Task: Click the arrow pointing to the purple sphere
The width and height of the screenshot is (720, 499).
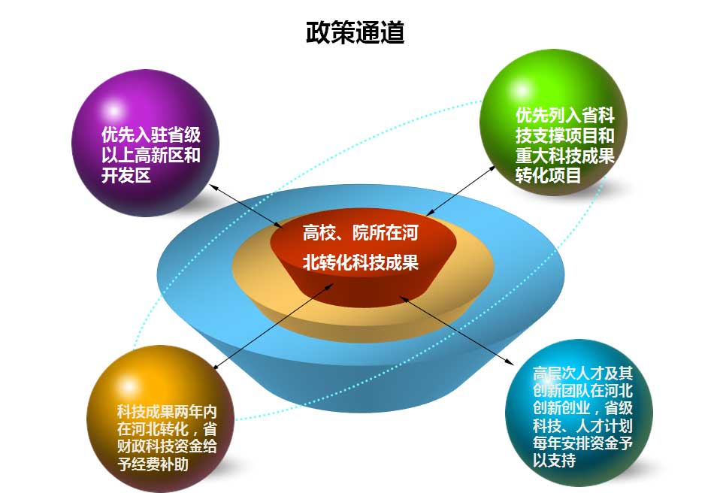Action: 244,205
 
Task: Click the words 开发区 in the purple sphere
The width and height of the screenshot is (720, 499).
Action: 126,176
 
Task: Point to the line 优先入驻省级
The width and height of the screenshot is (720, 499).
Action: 151,136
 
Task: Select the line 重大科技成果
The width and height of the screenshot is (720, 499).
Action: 565,156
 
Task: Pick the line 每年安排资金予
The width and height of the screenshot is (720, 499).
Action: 582,443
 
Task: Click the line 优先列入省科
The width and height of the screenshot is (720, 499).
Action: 565,116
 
